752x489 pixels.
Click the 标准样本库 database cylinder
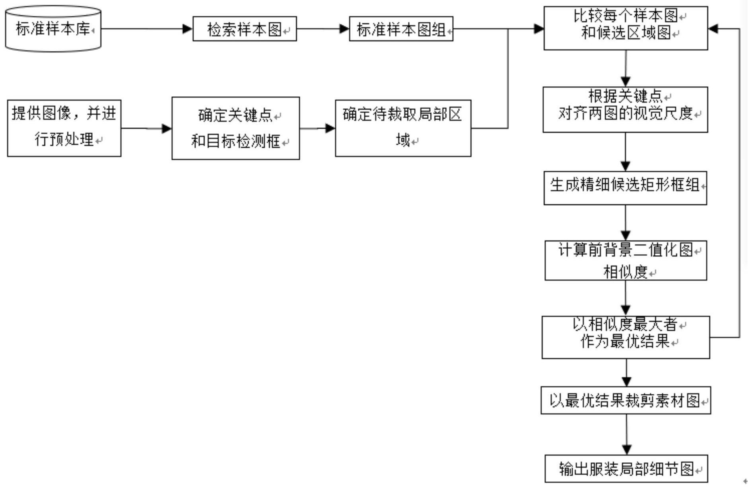53,29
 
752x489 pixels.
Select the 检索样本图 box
245,29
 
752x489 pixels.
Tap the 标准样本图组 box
401,29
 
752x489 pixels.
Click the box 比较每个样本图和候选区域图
626,28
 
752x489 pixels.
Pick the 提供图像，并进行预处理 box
64,128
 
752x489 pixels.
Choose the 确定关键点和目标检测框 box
235,128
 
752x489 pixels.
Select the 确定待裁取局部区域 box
403,128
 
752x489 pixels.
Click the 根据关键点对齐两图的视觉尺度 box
625,109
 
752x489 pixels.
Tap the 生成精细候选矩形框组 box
625,188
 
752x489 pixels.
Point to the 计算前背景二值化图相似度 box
626,260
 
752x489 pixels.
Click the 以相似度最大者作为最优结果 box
626,337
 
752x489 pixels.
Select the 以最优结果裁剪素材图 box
626,400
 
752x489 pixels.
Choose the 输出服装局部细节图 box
626,468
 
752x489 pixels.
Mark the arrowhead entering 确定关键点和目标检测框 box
167,129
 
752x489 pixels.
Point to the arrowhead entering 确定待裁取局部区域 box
330,128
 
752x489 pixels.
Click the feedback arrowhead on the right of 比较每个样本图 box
713,29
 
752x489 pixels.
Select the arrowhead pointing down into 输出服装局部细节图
627,450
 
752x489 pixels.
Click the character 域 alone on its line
403,140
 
